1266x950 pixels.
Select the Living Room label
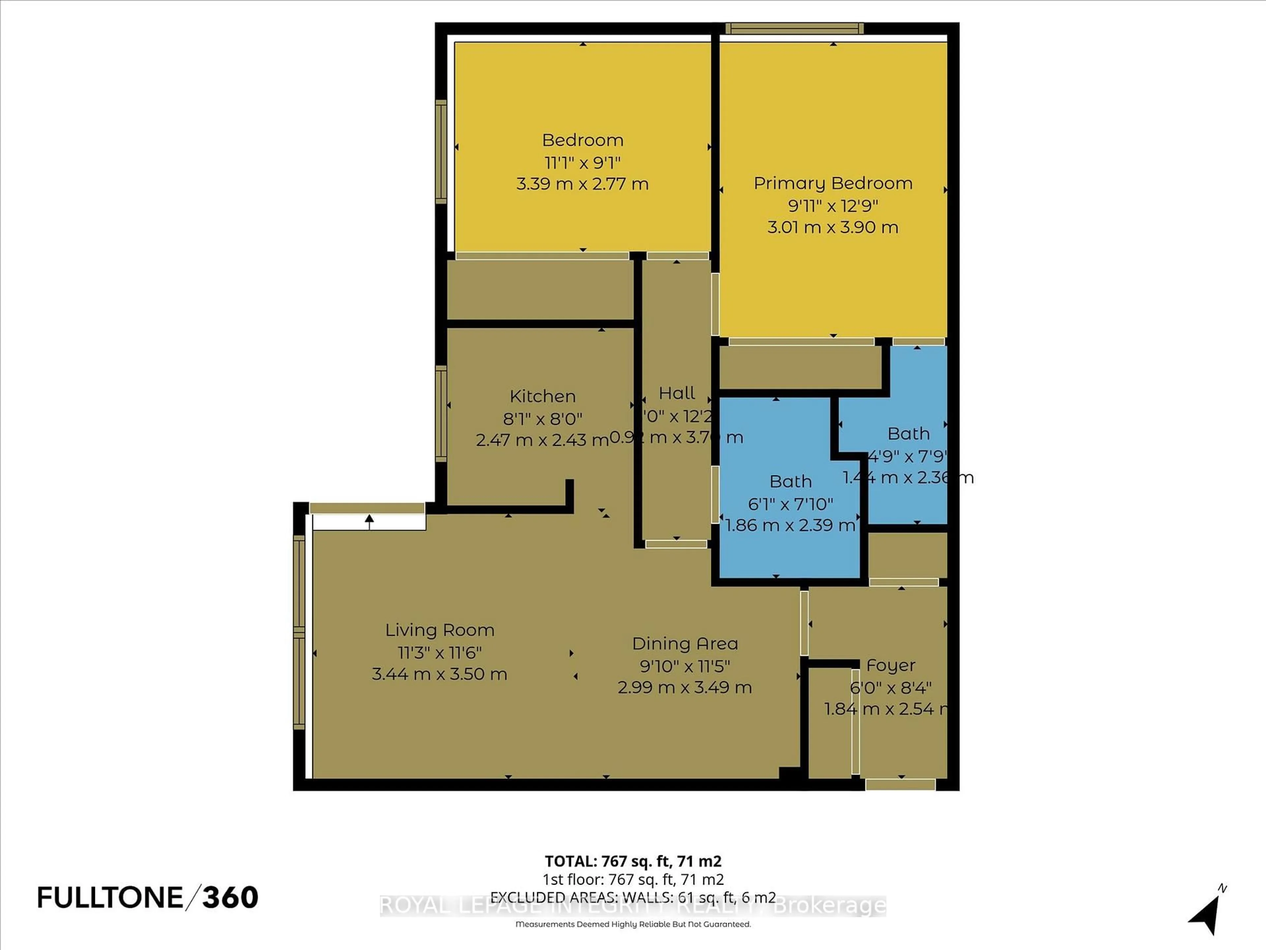click(439, 630)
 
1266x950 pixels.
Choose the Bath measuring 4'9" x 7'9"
click(908, 433)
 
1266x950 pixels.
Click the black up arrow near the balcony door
click(369, 521)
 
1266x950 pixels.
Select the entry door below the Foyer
click(900, 784)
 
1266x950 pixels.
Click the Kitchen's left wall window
click(441, 413)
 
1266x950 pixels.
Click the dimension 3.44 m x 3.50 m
click(439, 674)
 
